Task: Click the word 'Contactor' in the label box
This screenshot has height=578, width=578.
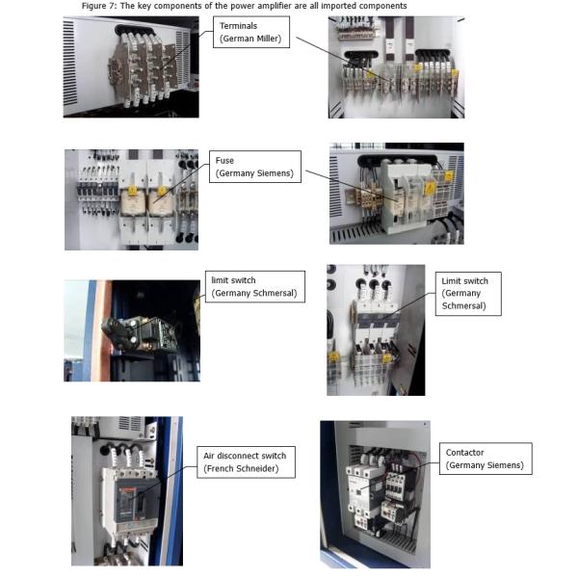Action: point(464,452)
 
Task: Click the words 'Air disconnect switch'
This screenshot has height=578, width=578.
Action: point(244,456)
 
